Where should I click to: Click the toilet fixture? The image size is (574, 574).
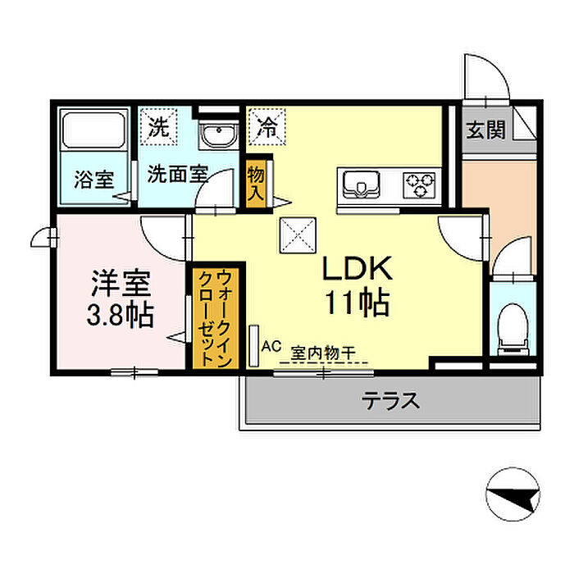point(513,330)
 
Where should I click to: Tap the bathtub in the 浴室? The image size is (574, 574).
point(93,130)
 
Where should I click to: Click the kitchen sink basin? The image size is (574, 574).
point(361,184)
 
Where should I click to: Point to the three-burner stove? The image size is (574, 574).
point(419,184)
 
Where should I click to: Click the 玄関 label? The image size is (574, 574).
point(485,130)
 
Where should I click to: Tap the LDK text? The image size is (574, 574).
point(357,269)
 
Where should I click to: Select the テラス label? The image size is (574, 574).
point(390,400)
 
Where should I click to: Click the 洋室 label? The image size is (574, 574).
point(121,283)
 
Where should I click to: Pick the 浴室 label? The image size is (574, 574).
point(94,180)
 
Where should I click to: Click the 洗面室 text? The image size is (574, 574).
point(178,174)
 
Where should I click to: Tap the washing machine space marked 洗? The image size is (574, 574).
point(158,126)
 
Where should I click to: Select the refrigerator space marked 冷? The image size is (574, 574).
point(266,126)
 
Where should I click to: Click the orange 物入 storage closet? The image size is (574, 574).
point(256,183)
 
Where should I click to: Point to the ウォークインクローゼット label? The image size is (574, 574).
point(215,318)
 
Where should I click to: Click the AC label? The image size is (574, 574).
point(271,346)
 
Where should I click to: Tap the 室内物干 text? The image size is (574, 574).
point(323,353)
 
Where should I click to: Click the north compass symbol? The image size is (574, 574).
point(512,494)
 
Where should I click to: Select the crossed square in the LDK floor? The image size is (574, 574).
point(298,235)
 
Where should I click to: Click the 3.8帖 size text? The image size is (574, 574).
point(120,315)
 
